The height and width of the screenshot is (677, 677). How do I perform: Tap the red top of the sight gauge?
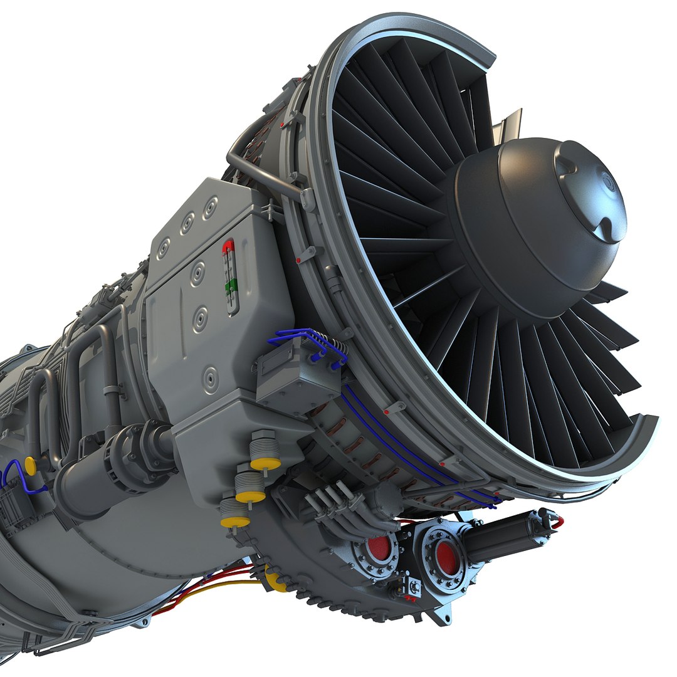click(228, 246)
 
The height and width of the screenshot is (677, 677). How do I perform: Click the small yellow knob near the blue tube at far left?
click(29, 465)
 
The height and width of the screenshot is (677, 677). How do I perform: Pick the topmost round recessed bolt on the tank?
click(210, 204)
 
